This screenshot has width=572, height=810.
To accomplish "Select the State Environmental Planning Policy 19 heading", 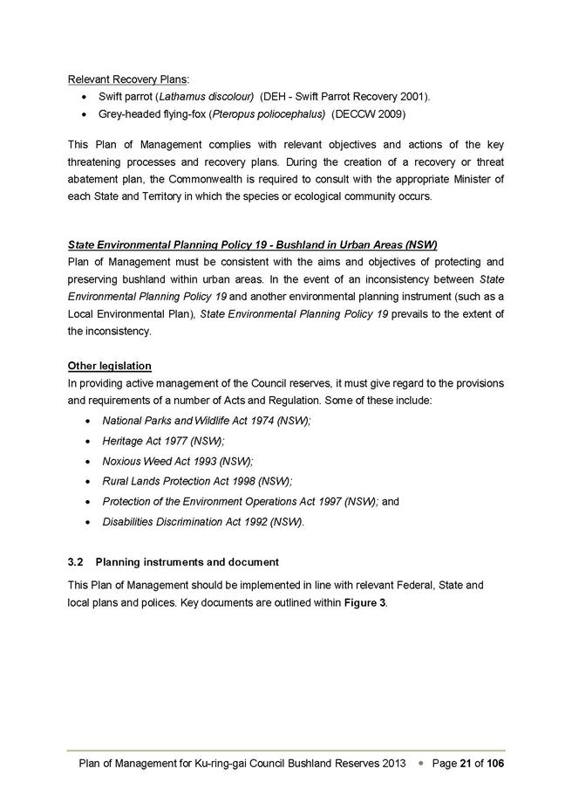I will [252, 244].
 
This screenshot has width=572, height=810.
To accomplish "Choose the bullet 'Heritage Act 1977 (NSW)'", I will [162, 442].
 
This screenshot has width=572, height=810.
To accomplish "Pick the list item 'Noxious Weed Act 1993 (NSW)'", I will [177, 462].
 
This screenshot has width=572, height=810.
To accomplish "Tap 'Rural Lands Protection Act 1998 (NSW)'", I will [197, 482].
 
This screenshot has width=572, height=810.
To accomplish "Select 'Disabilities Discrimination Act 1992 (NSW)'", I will [203, 522].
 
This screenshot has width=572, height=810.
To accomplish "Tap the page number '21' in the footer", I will [465, 763].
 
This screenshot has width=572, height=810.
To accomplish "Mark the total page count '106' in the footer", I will [495, 763].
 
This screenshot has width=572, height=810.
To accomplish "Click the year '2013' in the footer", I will [394, 763].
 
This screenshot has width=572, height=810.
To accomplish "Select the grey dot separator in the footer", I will [420, 764].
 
